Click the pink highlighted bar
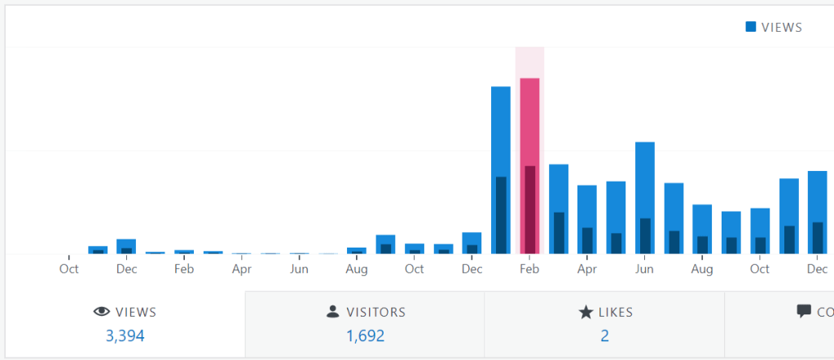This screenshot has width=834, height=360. [529, 122]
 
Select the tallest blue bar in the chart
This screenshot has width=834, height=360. [500, 130]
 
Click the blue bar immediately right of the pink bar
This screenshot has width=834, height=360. [559, 187]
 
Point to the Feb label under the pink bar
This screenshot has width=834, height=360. [529, 269]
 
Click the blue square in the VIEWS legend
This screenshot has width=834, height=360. [750, 27]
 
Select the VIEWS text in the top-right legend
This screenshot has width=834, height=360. [781, 27]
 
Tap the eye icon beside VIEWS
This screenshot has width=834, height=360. [102, 311]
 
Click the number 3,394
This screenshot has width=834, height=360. [125, 336]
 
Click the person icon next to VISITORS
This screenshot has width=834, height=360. [332, 311]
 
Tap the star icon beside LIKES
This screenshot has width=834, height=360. [586, 311]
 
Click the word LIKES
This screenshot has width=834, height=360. [616, 312]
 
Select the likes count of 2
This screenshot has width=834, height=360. [604, 336]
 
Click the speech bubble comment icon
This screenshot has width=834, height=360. [804, 311]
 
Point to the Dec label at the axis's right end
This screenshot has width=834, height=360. [817, 269]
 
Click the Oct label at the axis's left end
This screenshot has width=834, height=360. [69, 269]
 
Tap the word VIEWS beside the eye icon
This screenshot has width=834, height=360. [136, 312]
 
